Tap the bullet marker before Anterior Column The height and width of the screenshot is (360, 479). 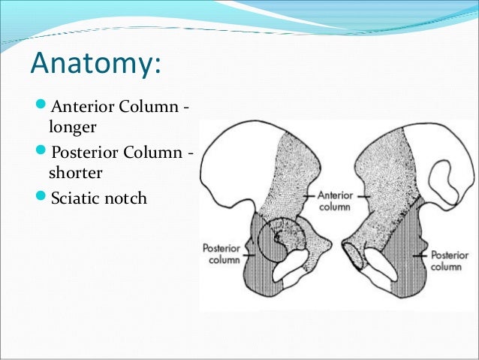coord(38,107)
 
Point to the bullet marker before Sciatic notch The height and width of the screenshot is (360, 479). coord(38,200)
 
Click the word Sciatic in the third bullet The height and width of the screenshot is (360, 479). coord(76,200)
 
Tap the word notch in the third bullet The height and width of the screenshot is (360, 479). coord(127,200)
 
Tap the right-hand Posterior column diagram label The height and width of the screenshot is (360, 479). coord(450,261)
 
